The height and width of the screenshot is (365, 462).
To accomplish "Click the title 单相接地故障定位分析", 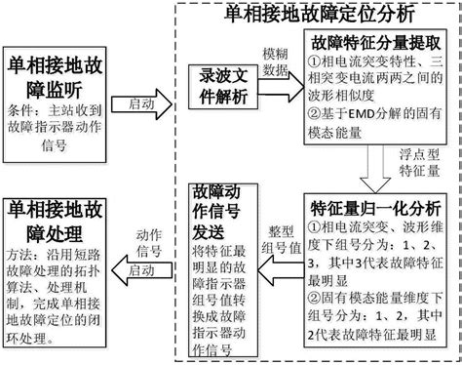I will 320,14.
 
